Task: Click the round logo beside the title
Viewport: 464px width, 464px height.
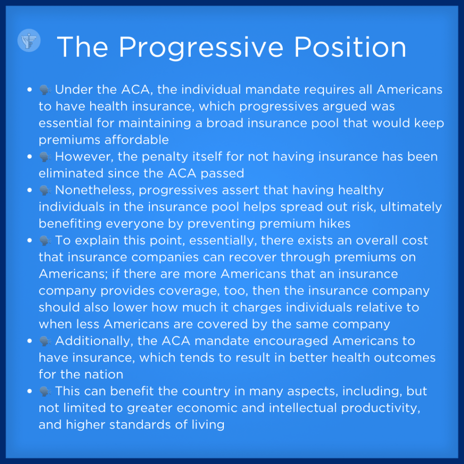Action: coord(29,40)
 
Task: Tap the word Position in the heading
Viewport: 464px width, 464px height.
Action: coord(350,47)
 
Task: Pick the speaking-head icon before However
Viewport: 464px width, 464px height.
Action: coord(45,157)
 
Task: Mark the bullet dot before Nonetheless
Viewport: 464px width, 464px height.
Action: coord(29,190)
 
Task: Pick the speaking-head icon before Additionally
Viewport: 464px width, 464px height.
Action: coord(45,341)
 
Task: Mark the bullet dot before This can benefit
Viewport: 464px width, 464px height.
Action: coord(29,391)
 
